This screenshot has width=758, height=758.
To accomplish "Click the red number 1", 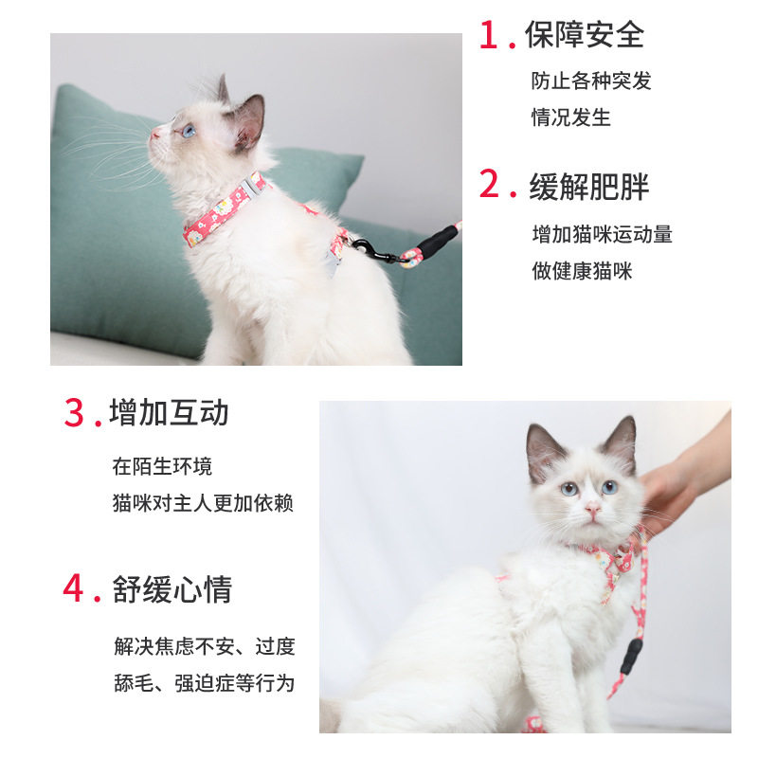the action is [x=489, y=35].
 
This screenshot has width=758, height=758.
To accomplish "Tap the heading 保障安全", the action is [x=585, y=35].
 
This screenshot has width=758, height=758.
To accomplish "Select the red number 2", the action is [x=489, y=184].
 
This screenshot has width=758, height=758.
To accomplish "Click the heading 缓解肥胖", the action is [x=588, y=187].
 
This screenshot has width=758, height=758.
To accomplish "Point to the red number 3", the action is [x=74, y=413].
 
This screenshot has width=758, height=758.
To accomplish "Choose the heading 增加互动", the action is [x=169, y=412].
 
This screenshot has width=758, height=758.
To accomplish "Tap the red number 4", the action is [x=74, y=587].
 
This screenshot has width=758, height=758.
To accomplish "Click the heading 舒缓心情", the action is [x=172, y=589].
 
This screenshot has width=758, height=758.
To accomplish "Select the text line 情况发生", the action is [x=571, y=117].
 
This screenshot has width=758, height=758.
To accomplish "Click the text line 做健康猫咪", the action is [x=582, y=271].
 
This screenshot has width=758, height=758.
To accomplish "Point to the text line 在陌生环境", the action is [x=162, y=466].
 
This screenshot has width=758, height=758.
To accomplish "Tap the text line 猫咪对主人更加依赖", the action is [x=203, y=503].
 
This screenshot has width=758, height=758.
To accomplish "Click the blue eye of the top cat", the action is [x=188, y=130].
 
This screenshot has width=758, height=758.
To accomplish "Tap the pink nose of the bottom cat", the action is [x=592, y=509].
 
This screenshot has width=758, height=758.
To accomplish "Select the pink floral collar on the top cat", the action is [x=225, y=209].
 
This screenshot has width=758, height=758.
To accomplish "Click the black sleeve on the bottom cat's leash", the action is [x=631, y=656].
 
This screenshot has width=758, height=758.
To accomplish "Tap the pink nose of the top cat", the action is [x=154, y=133].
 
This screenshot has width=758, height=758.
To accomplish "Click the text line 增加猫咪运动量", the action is [x=603, y=234].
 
